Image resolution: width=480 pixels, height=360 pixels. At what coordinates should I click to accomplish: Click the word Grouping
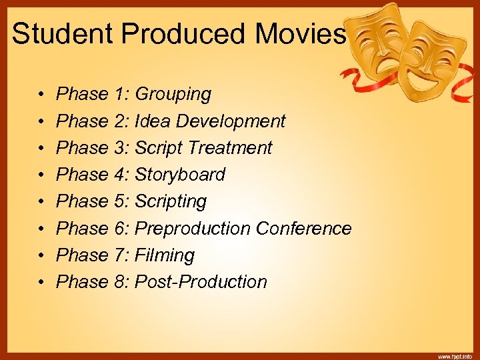tap(173, 95)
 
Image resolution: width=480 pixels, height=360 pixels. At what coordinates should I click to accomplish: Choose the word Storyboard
tap(180, 175)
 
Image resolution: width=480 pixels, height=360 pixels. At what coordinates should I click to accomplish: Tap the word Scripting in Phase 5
tap(171, 201)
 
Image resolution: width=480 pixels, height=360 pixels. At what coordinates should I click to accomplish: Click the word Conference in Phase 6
tap(303, 229)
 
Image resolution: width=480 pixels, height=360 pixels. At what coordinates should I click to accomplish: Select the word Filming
tap(165, 255)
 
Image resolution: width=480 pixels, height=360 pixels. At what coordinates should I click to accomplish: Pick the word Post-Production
tap(201, 282)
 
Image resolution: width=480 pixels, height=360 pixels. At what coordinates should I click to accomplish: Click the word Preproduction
tap(193, 229)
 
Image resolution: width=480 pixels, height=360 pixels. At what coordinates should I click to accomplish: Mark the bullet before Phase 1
tap(41, 95)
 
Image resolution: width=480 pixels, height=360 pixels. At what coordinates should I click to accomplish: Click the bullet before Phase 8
tap(41, 282)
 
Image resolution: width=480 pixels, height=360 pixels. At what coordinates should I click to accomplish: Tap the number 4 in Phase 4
tap(120, 175)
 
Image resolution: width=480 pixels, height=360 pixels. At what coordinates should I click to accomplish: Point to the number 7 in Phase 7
tap(120, 255)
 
